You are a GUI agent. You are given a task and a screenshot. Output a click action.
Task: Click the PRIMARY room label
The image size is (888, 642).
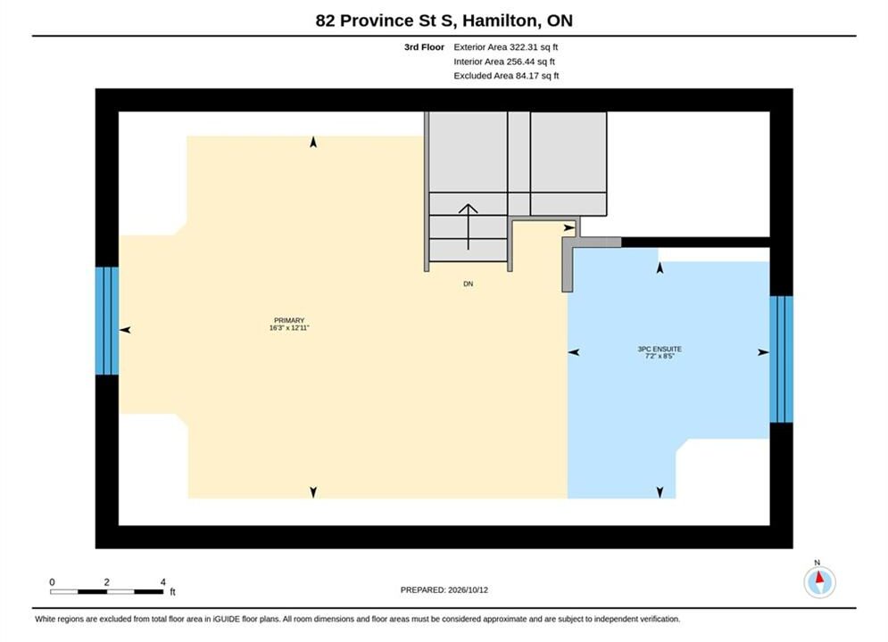(289, 320)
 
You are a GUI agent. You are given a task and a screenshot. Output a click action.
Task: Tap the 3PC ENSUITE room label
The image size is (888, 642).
(660, 349)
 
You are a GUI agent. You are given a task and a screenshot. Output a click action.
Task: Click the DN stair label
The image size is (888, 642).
(468, 284)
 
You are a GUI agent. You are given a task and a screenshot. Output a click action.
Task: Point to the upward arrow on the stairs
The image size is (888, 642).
(468, 226)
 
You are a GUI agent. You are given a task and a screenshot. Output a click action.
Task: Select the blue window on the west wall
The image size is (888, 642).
(107, 321)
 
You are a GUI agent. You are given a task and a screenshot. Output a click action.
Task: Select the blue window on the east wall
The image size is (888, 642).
(781, 359)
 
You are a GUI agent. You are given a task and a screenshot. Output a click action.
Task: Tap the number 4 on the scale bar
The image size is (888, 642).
(163, 581)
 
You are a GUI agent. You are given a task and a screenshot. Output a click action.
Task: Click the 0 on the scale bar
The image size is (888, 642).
(52, 581)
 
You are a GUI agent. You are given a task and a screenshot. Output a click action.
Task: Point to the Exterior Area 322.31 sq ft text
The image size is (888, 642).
(506, 47)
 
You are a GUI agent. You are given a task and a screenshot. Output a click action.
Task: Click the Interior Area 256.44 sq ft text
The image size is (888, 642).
(504, 62)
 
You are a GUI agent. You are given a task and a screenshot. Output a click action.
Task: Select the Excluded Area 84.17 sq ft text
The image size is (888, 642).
(506, 75)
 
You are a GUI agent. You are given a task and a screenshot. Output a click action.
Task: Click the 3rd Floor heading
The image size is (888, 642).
(424, 47)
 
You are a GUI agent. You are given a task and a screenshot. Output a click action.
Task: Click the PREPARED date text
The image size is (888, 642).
(444, 589)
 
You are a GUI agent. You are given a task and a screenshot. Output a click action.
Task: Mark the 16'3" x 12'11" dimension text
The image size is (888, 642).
(289, 327)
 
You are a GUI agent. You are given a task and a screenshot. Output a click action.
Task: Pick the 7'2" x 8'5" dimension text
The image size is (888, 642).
(660, 356)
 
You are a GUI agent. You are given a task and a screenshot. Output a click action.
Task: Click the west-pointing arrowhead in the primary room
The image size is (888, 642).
(125, 330)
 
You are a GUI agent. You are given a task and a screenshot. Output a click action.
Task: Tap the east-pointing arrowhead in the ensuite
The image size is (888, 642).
(763, 352)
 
